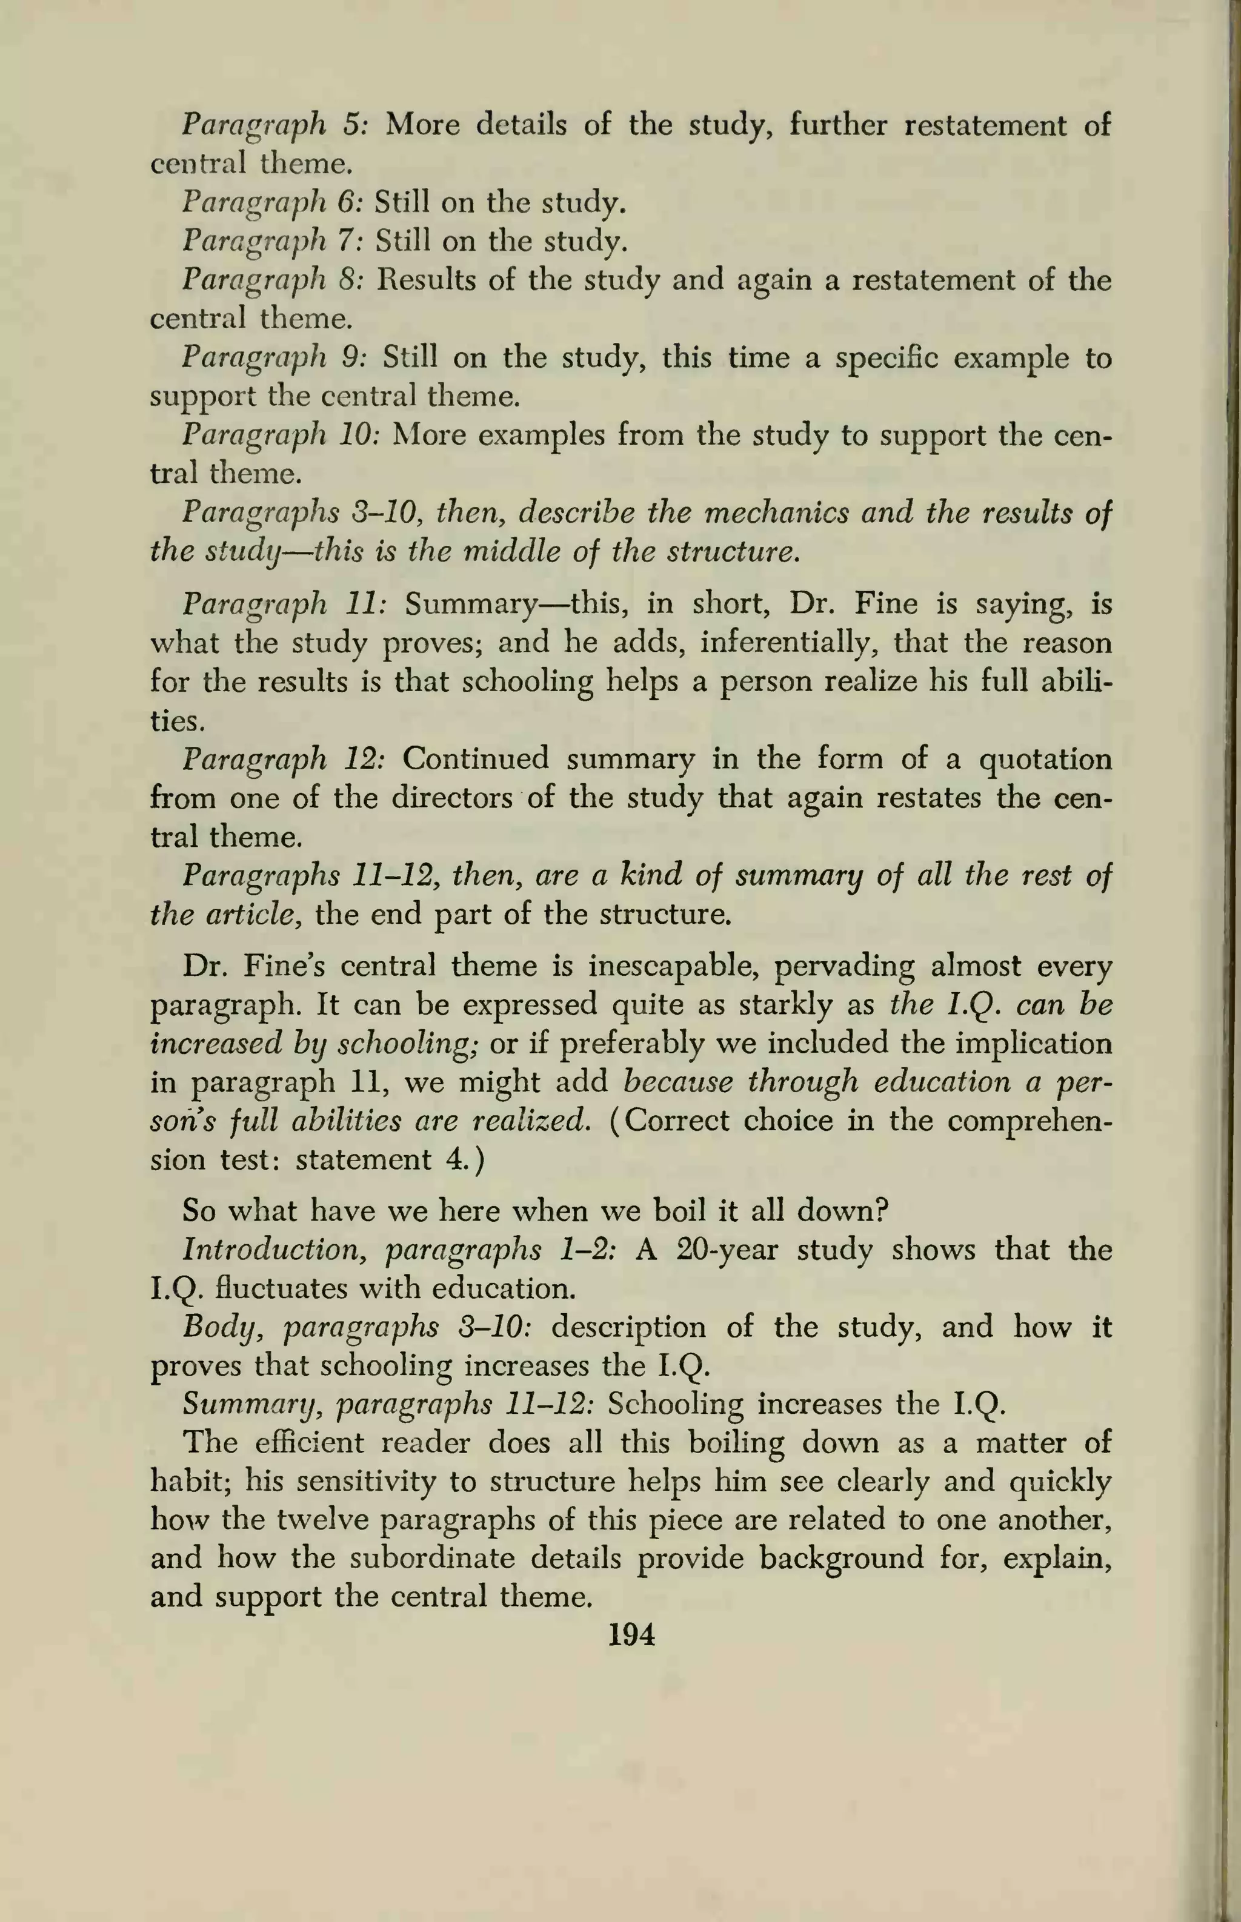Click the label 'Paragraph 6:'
[x=274, y=203]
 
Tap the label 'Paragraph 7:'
[x=274, y=242]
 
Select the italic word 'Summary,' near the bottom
[x=250, y=1406]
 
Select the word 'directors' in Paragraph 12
[x=452, y=798]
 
